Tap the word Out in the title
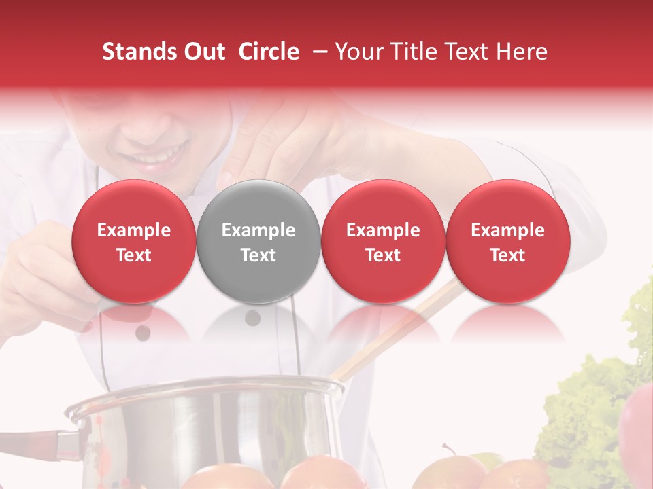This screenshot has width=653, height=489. click(x=203, y=52)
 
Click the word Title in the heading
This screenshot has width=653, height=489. click(x=416, y=52)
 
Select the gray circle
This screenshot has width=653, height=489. click(x=258, y=241)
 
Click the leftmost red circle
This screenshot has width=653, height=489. click(x=134, y=241)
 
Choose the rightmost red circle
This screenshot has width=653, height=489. click(x=507, y=241)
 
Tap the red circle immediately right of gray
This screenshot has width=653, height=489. click(x=383, y=241)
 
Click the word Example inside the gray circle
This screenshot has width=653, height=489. click(x=258, y=230)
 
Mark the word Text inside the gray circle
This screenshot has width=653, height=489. click(x=258, y=255)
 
